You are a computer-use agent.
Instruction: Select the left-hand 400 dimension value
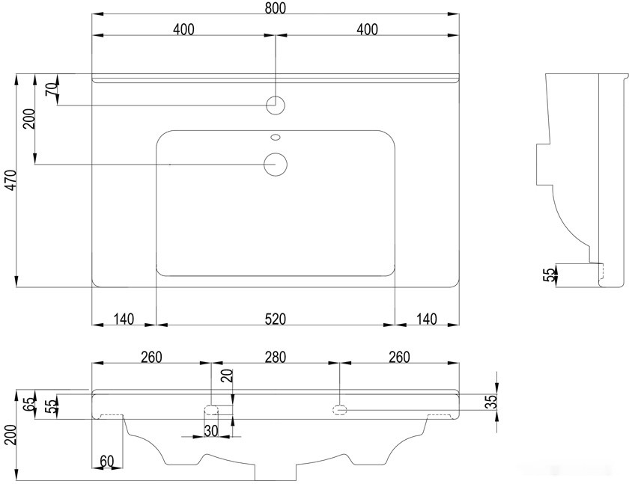point(183,29)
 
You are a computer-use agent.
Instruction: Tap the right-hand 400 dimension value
point(367,29)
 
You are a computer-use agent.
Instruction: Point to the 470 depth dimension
point(10,180)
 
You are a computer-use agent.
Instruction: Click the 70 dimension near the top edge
point(51,88)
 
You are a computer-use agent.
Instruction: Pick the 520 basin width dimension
point(275,319)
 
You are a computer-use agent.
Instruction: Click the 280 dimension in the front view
point(275,357)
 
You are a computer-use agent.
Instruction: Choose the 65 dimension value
point(28,405)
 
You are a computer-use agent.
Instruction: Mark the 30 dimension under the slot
point(210,431)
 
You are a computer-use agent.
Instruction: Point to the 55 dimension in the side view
point(548,275)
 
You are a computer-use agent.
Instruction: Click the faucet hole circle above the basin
point(276,105)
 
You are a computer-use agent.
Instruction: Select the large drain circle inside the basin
point(276,163)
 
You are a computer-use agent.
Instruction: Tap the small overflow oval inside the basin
point(275,138)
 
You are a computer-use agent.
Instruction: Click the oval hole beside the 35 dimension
point(340,409)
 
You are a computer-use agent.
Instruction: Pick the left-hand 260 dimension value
point(151,357)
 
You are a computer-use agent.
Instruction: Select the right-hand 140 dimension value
point(425,319)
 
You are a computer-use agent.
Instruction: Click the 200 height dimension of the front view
point(10,434)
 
